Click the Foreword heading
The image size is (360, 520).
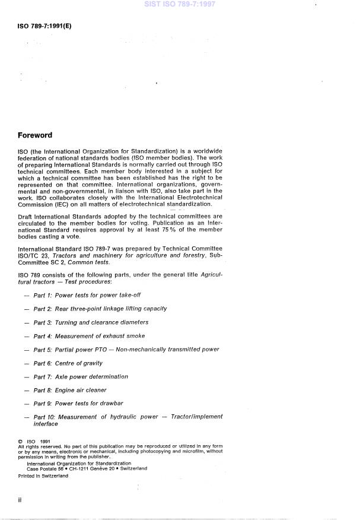(35, 135)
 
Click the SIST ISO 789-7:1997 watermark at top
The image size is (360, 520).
(180, 5)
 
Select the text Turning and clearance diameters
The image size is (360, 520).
(101, 322)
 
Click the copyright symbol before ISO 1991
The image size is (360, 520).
(20, 442)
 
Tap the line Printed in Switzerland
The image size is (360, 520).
(43, 475)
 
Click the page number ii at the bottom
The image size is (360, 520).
(20, 500)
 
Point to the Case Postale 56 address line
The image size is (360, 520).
(91, 468)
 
